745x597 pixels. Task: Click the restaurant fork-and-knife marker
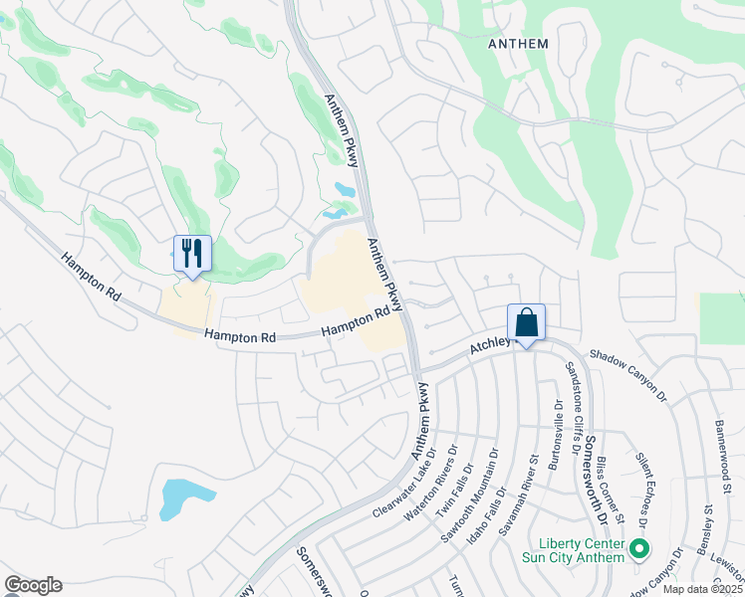pos(192,253)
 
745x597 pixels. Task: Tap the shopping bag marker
pos(527,322)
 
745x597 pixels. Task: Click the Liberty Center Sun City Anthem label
pos(582,550)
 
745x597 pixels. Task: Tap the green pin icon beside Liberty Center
pos(640,547)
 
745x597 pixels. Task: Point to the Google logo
pos(33,585)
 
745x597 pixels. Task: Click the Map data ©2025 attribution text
pos(702,589)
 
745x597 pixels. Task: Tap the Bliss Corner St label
pos(611,490)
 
